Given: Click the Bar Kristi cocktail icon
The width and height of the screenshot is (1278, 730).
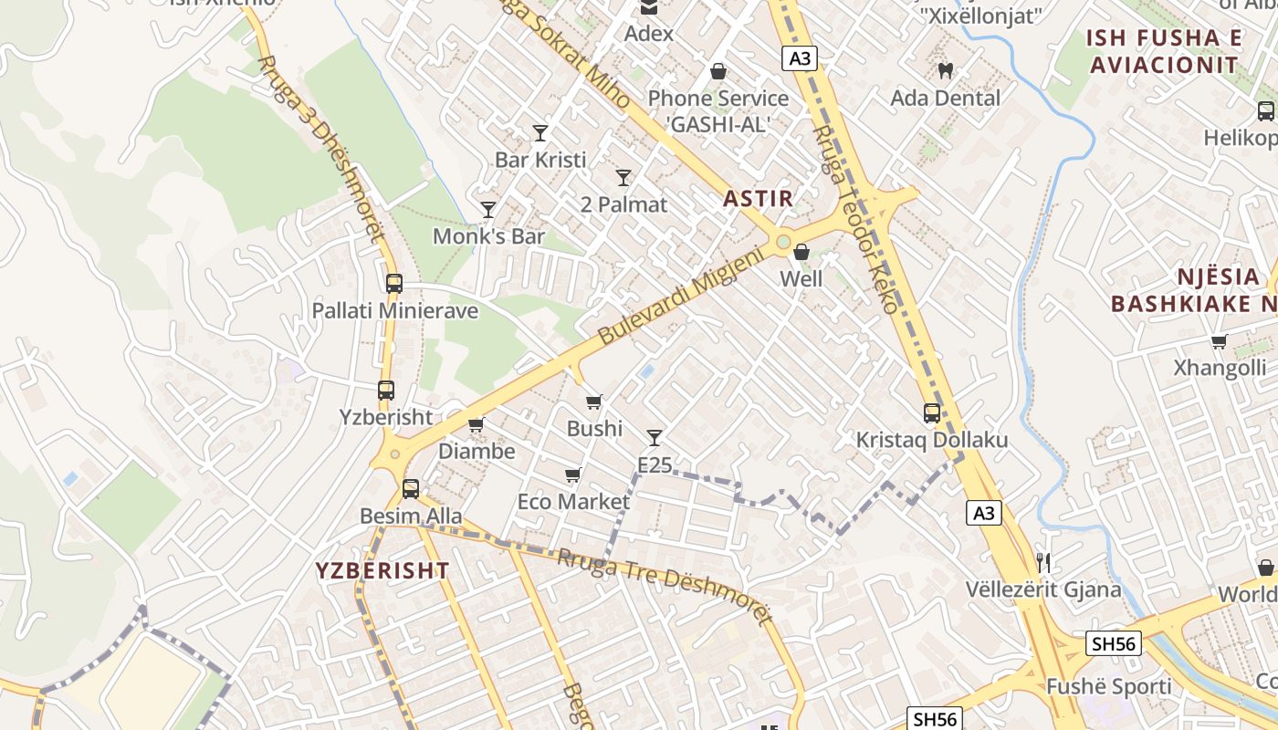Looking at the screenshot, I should click(540, 133).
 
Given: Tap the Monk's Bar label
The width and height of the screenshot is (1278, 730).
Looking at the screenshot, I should click(488, 236).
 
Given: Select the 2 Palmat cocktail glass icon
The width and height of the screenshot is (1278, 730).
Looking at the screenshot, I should click(623, 178).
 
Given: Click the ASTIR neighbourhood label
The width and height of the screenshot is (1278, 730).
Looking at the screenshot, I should click(758, 198).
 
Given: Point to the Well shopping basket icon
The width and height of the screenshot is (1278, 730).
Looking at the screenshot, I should click(801, 252).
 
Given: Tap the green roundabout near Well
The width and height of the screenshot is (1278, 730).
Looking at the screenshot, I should click(782, 242).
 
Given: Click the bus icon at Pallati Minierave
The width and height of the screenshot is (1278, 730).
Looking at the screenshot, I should click(394, 284).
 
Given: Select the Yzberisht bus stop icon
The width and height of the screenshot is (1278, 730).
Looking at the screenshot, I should click(386, 391).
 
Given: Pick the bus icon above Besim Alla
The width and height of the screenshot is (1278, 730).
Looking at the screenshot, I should click(411, 489).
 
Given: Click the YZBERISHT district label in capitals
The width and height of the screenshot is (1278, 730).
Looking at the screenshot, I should click(382, 571).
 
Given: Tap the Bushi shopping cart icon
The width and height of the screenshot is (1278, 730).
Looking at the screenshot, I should click(594, 401).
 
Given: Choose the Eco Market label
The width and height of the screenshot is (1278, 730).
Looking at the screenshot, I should click(573, 502).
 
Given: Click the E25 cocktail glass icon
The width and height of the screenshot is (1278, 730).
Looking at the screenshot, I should click(654, 438).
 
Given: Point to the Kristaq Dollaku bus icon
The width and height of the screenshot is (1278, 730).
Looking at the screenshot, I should click(931, 413).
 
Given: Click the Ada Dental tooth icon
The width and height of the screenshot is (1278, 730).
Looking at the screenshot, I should click(946, 70).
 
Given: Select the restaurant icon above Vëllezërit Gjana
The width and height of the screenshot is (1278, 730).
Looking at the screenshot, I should click(1043, 562).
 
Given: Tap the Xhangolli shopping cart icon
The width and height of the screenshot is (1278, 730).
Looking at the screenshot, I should click(1219, 342).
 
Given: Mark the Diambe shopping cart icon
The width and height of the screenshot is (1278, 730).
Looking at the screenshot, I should click(476, 424).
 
